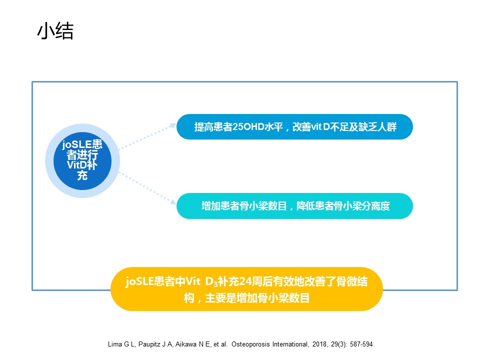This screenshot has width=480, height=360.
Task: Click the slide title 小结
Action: pos(55,31)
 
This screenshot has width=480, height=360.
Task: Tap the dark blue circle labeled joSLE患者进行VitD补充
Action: pos(82,160)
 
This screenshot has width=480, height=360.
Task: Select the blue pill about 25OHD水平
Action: pos(294,126)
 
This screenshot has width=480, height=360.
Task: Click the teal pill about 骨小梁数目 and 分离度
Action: pos(294,205)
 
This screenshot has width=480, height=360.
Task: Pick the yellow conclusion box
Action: pos(246,289)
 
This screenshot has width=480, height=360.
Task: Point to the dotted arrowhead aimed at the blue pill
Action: pos(173,125)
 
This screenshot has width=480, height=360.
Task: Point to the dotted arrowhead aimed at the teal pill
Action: pos(173,201)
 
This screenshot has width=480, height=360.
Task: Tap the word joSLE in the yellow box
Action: pos(139,281)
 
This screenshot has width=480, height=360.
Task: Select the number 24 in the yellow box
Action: pos(245,281)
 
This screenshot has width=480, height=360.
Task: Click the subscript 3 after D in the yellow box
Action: pos(215,284)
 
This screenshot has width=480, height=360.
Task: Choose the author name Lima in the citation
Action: pos(115,344)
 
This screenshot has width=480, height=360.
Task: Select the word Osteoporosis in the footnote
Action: pos(250,344)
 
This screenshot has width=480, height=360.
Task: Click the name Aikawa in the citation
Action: pos(186,344)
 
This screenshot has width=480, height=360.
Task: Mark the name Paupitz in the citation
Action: pos(149,344)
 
